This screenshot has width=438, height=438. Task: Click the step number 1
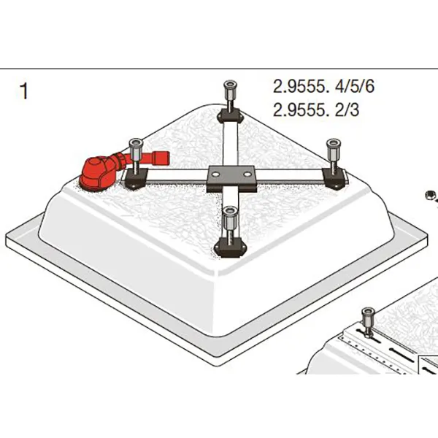24,91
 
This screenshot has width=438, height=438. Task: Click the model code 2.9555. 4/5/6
323,86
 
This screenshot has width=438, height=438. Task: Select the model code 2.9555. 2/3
315,109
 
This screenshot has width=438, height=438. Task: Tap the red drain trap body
96,173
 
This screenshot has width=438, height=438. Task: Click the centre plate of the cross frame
231,178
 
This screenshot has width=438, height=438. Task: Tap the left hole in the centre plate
215,174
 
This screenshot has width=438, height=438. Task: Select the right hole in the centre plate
247,174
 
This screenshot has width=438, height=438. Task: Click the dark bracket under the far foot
231,116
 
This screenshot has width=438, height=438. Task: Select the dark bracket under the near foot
230,247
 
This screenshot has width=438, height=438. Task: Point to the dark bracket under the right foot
334,178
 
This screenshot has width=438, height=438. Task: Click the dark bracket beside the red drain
136,179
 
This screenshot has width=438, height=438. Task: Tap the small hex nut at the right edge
430,195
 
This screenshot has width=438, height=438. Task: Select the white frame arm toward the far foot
231,144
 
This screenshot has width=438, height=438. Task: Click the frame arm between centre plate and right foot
290,176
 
